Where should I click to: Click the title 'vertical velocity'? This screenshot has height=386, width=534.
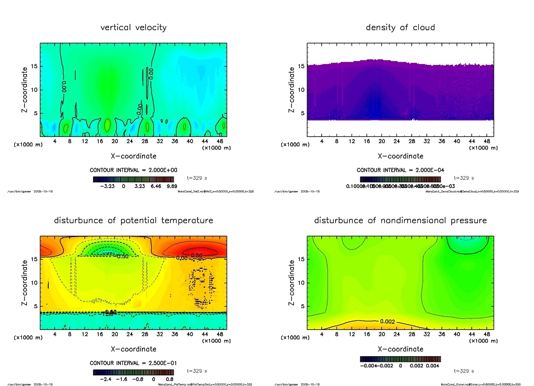[x=133, y=28]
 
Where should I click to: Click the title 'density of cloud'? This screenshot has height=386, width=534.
[x=400, y=28]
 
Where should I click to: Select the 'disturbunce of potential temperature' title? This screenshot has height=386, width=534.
[x=133, y=221]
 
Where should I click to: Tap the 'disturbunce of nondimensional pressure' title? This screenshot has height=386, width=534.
[x=400, y=221]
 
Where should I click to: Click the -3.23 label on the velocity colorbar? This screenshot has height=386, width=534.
[x=109, y=187]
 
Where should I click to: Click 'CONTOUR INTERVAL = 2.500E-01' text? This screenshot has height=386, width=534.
[x=133, y=363]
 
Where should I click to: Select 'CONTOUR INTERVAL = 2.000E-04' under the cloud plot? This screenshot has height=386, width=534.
[x=400, y=170]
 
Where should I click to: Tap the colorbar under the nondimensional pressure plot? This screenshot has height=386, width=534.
[x=400, y=358]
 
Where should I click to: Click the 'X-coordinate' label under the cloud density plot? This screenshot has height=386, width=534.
[x=400, y=156]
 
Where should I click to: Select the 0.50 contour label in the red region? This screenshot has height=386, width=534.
[x=197, y=255]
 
